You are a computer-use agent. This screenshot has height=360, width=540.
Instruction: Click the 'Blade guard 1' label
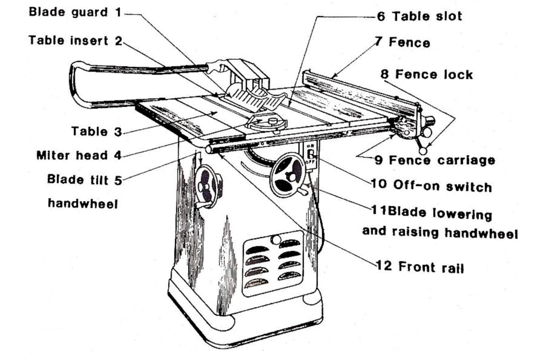click(x=75, y=12)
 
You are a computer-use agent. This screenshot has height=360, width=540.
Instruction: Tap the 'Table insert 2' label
click(x=75, y=41)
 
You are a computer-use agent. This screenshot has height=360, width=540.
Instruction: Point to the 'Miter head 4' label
click(x=79, y=155)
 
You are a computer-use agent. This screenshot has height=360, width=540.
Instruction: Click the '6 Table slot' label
click(x=419, y=16)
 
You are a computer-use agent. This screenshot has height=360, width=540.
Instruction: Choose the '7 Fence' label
click(x=402, y=42)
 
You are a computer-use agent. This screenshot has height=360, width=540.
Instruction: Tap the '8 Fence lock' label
click(x=427, y=74)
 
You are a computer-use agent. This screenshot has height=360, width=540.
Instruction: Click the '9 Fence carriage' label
click(x=435, y=160)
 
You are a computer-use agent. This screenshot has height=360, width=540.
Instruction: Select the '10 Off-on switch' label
click(x=431, y=186)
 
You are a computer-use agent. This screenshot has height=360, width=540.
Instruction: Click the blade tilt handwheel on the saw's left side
click(x=207, y=186)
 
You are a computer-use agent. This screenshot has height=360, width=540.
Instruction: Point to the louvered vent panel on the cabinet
click(x=273, y=262)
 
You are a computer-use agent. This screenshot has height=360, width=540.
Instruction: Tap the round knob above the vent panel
click(x=275, y=240)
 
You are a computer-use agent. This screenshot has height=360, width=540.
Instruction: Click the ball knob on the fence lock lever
click(x=422, y=151)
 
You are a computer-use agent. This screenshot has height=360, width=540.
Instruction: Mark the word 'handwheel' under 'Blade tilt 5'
click(x=82, y=203)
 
